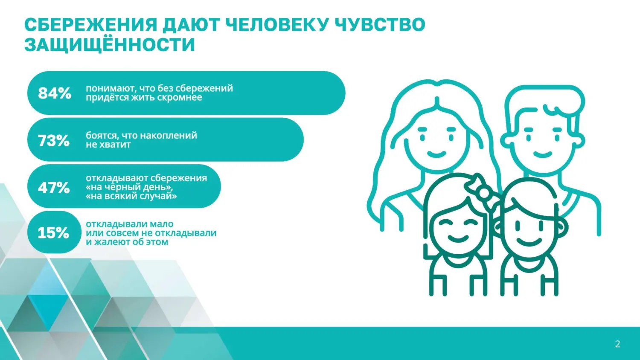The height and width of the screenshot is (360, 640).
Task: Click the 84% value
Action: pos(55,93)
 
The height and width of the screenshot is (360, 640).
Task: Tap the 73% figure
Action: pos(54,140)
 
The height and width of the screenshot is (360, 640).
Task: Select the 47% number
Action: pos(54,187)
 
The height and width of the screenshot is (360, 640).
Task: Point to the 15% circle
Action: pos(53,233)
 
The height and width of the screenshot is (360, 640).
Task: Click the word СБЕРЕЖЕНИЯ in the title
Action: pos(90,25)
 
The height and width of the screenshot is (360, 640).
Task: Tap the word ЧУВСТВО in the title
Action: pos(380,25)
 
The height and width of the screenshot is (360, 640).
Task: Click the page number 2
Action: pos(617,344)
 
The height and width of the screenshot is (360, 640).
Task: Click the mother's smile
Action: pos(436,154)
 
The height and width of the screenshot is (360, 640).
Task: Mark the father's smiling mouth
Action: pos(543,154)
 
